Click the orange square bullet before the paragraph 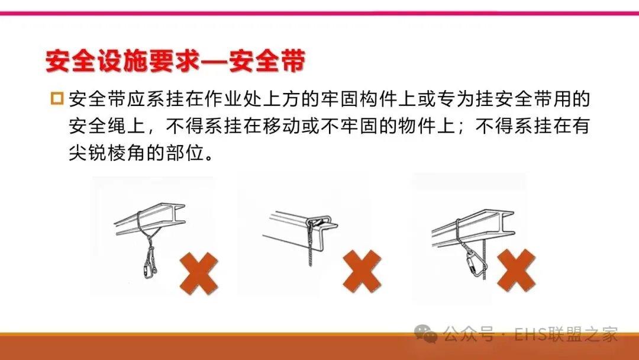pyautogui.click(x=57, y=99)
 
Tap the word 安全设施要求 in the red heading pyautogui.click(x=123, y=62)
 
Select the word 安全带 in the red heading pyautogui.click(x=267, y=62)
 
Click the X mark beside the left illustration pyautogui.click(x=199, y=273)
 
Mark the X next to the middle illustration pyautogui.click(x=362, y=271)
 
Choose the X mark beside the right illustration pyautogui.click(x=517, y=271)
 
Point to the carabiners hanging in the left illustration pyautogui.click(x=150, y=263)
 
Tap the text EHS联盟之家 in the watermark pyautogui.click(x=566, y=335)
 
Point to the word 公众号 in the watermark pyautogui.click(x=469, y=335)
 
